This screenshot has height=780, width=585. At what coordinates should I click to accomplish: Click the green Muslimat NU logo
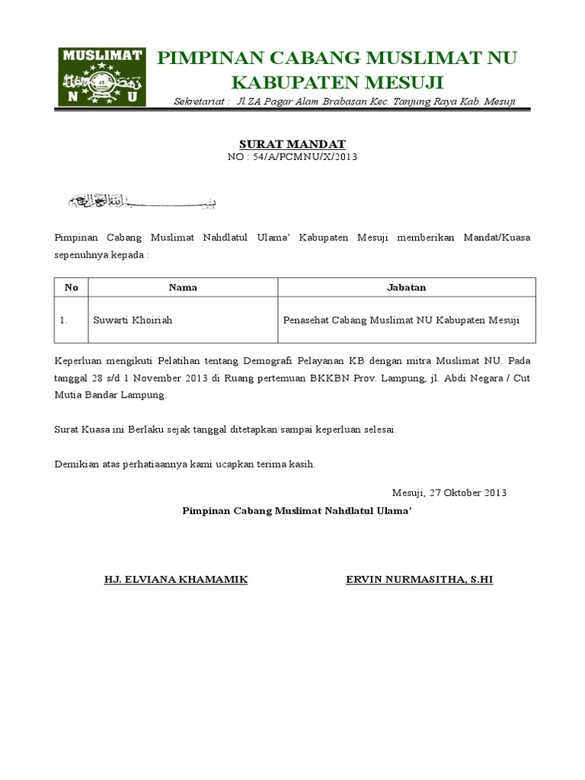coord(102,76)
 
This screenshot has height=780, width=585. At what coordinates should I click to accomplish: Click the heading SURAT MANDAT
coord(292,143)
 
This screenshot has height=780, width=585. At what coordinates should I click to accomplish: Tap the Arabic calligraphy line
coord(144,201)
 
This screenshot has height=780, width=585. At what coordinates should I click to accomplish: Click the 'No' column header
coord(72,287)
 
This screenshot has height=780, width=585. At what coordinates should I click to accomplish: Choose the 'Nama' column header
coord(183,287)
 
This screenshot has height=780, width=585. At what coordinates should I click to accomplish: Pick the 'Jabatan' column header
coord(407,287)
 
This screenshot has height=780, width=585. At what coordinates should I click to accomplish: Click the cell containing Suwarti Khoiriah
coord(133,320)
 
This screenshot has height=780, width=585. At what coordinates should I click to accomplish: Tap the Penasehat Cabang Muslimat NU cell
coord(401,320)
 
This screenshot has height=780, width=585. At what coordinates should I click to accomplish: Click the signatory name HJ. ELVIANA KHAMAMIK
coord(176,580)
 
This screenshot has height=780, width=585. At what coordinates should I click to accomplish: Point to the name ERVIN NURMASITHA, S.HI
coord(420,580)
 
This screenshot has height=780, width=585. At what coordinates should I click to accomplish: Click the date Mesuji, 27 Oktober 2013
coord(449,492)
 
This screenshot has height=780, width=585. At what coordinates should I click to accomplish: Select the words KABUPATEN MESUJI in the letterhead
coord(337,82)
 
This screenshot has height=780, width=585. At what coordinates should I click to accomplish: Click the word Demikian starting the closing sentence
coord(78,463)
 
